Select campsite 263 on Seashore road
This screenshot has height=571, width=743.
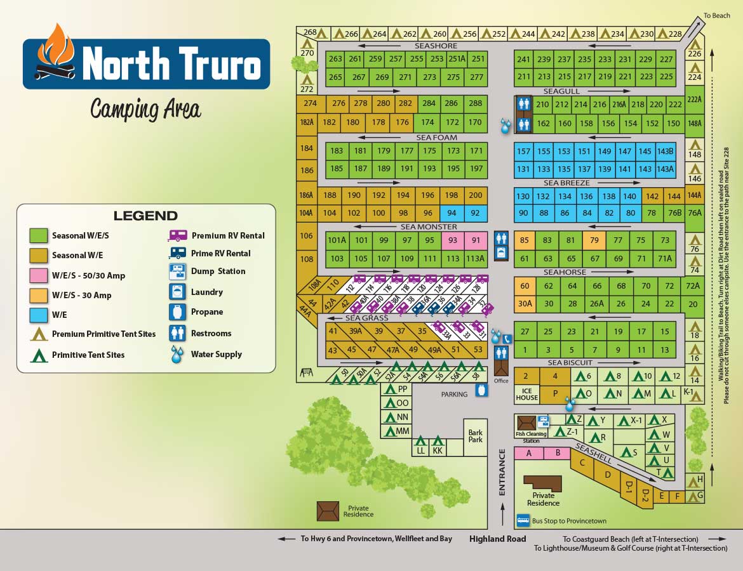tap(335, 59)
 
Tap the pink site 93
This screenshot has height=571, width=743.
tap(453, 240)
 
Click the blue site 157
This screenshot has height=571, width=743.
tap(523, 151)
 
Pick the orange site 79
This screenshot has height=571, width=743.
tap(594, 240)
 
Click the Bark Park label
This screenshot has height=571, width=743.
tap(475, 436)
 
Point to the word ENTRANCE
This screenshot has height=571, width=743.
tap(502, 472)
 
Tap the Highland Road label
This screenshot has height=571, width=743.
tap(497, 539)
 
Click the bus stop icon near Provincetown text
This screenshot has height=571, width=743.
tap(523, 520)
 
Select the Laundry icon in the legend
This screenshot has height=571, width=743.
tap(177, 292)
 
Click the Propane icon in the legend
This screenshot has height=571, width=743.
tap(177, 312)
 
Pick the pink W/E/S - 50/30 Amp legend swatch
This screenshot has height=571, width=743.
tap(39, 275)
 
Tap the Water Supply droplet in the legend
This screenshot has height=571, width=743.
tap(177, 354)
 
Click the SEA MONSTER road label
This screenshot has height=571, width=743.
tap(428, 226)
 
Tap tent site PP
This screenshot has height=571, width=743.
tap(396, 389)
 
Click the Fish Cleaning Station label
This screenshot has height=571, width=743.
tap(531, 437)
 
